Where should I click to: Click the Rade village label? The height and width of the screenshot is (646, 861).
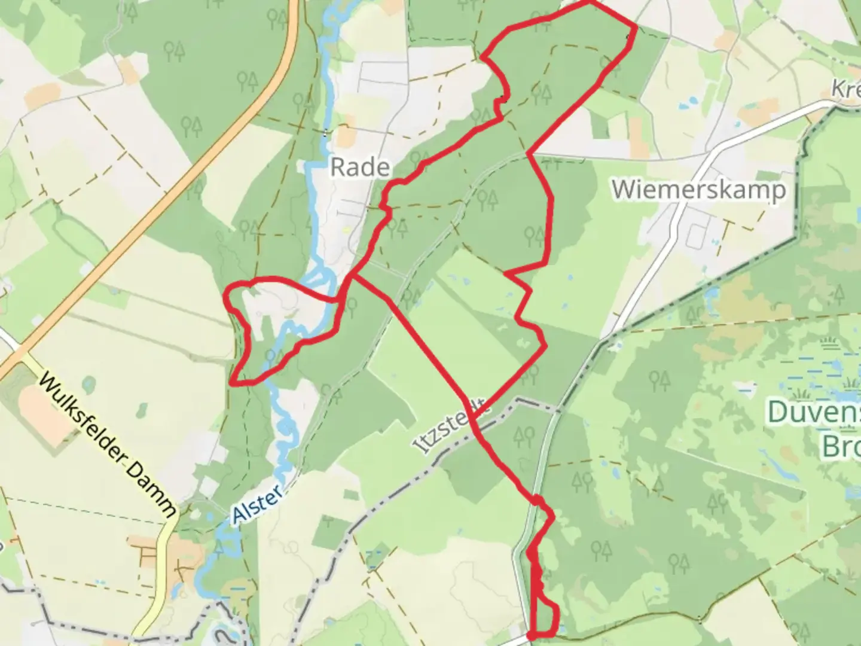click(360, 167)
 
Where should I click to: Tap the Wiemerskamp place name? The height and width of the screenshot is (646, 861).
click(698, 190)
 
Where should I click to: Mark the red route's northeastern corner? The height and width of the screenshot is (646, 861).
click(633, 26)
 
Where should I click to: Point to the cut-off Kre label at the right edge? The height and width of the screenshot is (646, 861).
click(845, 90)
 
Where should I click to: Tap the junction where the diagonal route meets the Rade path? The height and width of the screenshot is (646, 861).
click(353, 276)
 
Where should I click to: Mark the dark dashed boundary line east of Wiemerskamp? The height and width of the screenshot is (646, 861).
click(798, 197)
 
